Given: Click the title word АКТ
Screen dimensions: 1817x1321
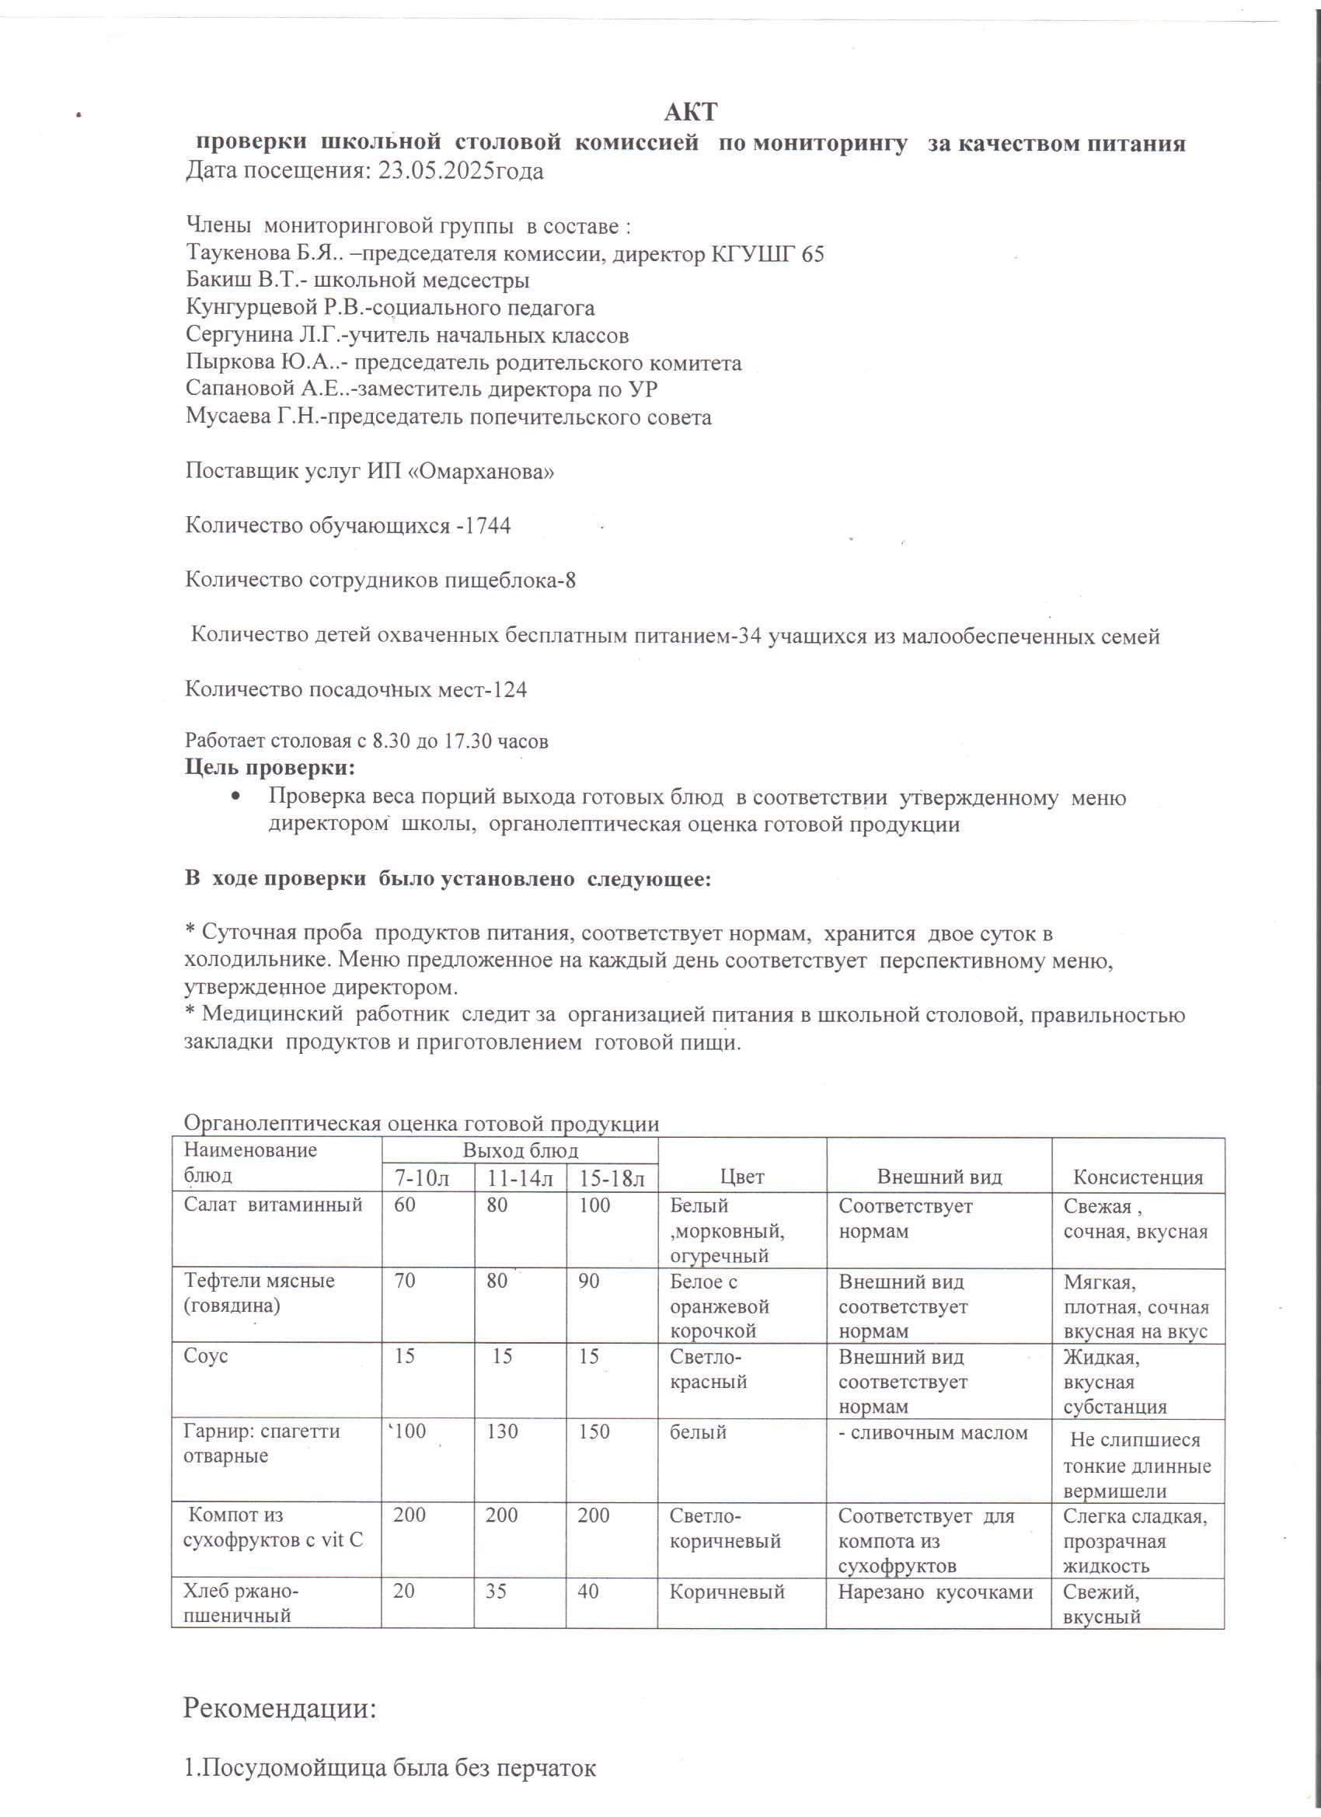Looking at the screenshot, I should (690, 111).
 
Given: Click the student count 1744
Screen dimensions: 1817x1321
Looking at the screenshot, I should (488, 525).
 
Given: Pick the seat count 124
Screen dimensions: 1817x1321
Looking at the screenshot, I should (509, 689).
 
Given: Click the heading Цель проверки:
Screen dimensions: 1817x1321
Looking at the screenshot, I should (270, 767).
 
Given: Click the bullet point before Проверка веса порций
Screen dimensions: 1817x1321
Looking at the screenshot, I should (235, 798).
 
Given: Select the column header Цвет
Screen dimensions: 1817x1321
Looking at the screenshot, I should (742, 1177).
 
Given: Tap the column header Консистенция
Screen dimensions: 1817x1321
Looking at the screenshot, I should (1138, 1177).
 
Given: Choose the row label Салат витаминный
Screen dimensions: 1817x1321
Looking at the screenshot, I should (274, 1205).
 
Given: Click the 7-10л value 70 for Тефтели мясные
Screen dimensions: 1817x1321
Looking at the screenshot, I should (405, 1280).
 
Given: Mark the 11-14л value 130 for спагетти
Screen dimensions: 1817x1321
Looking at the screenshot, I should (501, 1432).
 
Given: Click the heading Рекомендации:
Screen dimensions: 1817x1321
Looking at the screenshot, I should (280, 1707).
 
